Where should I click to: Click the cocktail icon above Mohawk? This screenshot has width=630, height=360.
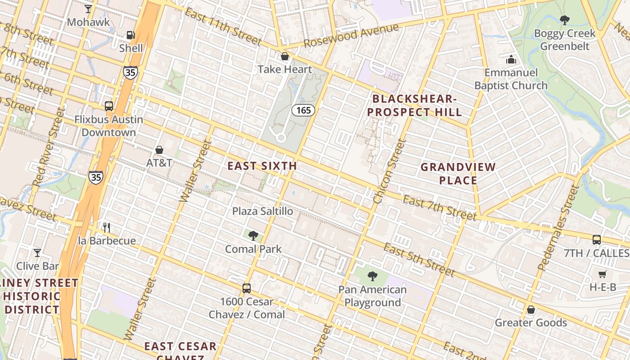[88, 9]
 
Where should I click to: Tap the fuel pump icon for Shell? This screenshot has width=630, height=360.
[130, 35]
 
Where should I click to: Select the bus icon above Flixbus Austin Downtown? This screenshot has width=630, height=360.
[109, 106]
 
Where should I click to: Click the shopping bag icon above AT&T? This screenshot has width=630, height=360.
[159, 149]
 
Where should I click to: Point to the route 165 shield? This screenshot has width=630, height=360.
[303, 110]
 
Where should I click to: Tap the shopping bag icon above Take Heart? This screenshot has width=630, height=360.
[284, 56]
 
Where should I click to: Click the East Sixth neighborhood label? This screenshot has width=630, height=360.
[262, 166]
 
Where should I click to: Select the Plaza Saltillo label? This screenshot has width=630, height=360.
[262, 211]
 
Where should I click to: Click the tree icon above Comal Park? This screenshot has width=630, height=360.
[253, 235]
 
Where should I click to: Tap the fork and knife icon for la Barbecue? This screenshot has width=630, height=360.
[106, 227]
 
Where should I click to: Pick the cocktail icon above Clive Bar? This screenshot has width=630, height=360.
[37, 253]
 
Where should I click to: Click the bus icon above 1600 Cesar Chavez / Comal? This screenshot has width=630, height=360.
[247, 288]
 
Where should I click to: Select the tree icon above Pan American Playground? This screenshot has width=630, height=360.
[372, 276]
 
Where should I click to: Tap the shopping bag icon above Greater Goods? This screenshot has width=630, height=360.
[531, 310]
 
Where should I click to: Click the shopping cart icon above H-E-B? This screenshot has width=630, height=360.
[603, 274]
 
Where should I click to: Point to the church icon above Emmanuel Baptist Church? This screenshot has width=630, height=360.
[511, 59]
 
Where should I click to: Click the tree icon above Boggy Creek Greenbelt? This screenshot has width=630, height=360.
[564, 20]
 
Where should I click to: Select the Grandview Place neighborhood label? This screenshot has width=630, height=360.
[458, 174]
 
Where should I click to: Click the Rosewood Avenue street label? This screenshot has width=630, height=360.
[351, 35]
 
